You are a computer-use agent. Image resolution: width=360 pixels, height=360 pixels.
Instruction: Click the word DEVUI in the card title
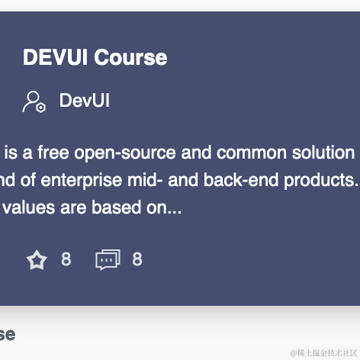pos(56,58)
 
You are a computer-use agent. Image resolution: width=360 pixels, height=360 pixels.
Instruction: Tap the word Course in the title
pos(130,58)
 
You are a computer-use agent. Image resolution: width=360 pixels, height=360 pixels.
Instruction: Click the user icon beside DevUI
pos(34,101)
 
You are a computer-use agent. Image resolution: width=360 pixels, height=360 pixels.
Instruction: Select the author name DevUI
pos(84,101)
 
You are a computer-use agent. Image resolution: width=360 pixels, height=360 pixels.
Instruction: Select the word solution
pos(322,153)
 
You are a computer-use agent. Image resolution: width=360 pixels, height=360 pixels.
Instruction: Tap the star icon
pos(37,260)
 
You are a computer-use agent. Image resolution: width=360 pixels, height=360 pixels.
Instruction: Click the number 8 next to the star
pos(66,260)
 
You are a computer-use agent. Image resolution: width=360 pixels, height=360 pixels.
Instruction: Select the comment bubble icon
pos(108,260)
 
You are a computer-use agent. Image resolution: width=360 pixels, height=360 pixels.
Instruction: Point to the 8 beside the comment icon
pos(137,260)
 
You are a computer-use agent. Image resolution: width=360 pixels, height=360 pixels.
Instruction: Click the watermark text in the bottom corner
pos(324,352)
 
